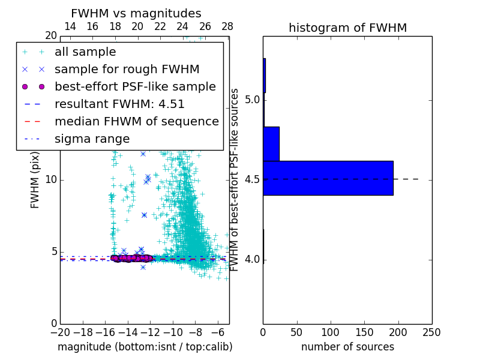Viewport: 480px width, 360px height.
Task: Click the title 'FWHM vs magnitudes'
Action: pos(136,13)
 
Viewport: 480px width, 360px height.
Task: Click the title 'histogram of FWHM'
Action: pos(347,28)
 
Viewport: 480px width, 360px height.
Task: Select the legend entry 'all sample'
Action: pos(85,52)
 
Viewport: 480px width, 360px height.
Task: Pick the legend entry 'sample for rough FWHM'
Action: pos(127,69)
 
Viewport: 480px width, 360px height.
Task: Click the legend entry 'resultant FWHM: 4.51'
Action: pos(119,104)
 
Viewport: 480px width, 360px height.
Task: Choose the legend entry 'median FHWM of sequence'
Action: pos(136,121)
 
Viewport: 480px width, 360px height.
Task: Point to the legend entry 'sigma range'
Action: pos(92,139)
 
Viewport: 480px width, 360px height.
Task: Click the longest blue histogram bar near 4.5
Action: pos(328,178)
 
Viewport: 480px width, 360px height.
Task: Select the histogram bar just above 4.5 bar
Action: pos(271,144)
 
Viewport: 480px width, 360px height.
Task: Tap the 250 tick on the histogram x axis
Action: pos(431,332)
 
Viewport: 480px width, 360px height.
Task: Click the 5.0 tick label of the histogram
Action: pos(252,99)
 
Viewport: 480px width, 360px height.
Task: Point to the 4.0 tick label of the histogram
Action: pos(252,259)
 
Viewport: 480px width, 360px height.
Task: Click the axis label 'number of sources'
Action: pos(347,347)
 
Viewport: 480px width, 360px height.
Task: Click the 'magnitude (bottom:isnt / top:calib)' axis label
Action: pos(145,347)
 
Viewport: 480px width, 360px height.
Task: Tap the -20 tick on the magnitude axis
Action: pos(60,332)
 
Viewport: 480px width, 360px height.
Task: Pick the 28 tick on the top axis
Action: pos(227,26)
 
